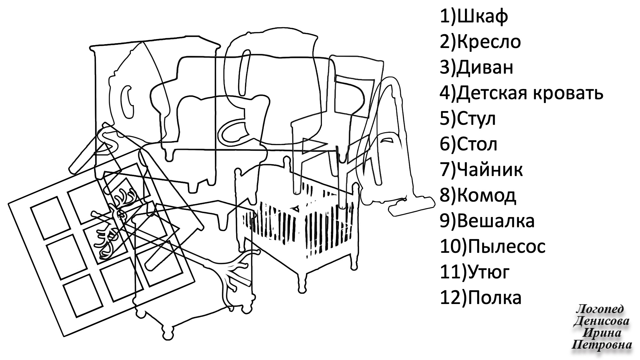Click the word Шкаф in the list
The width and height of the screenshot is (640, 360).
(482, 17)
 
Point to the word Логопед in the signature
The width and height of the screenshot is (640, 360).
(600, 309)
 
